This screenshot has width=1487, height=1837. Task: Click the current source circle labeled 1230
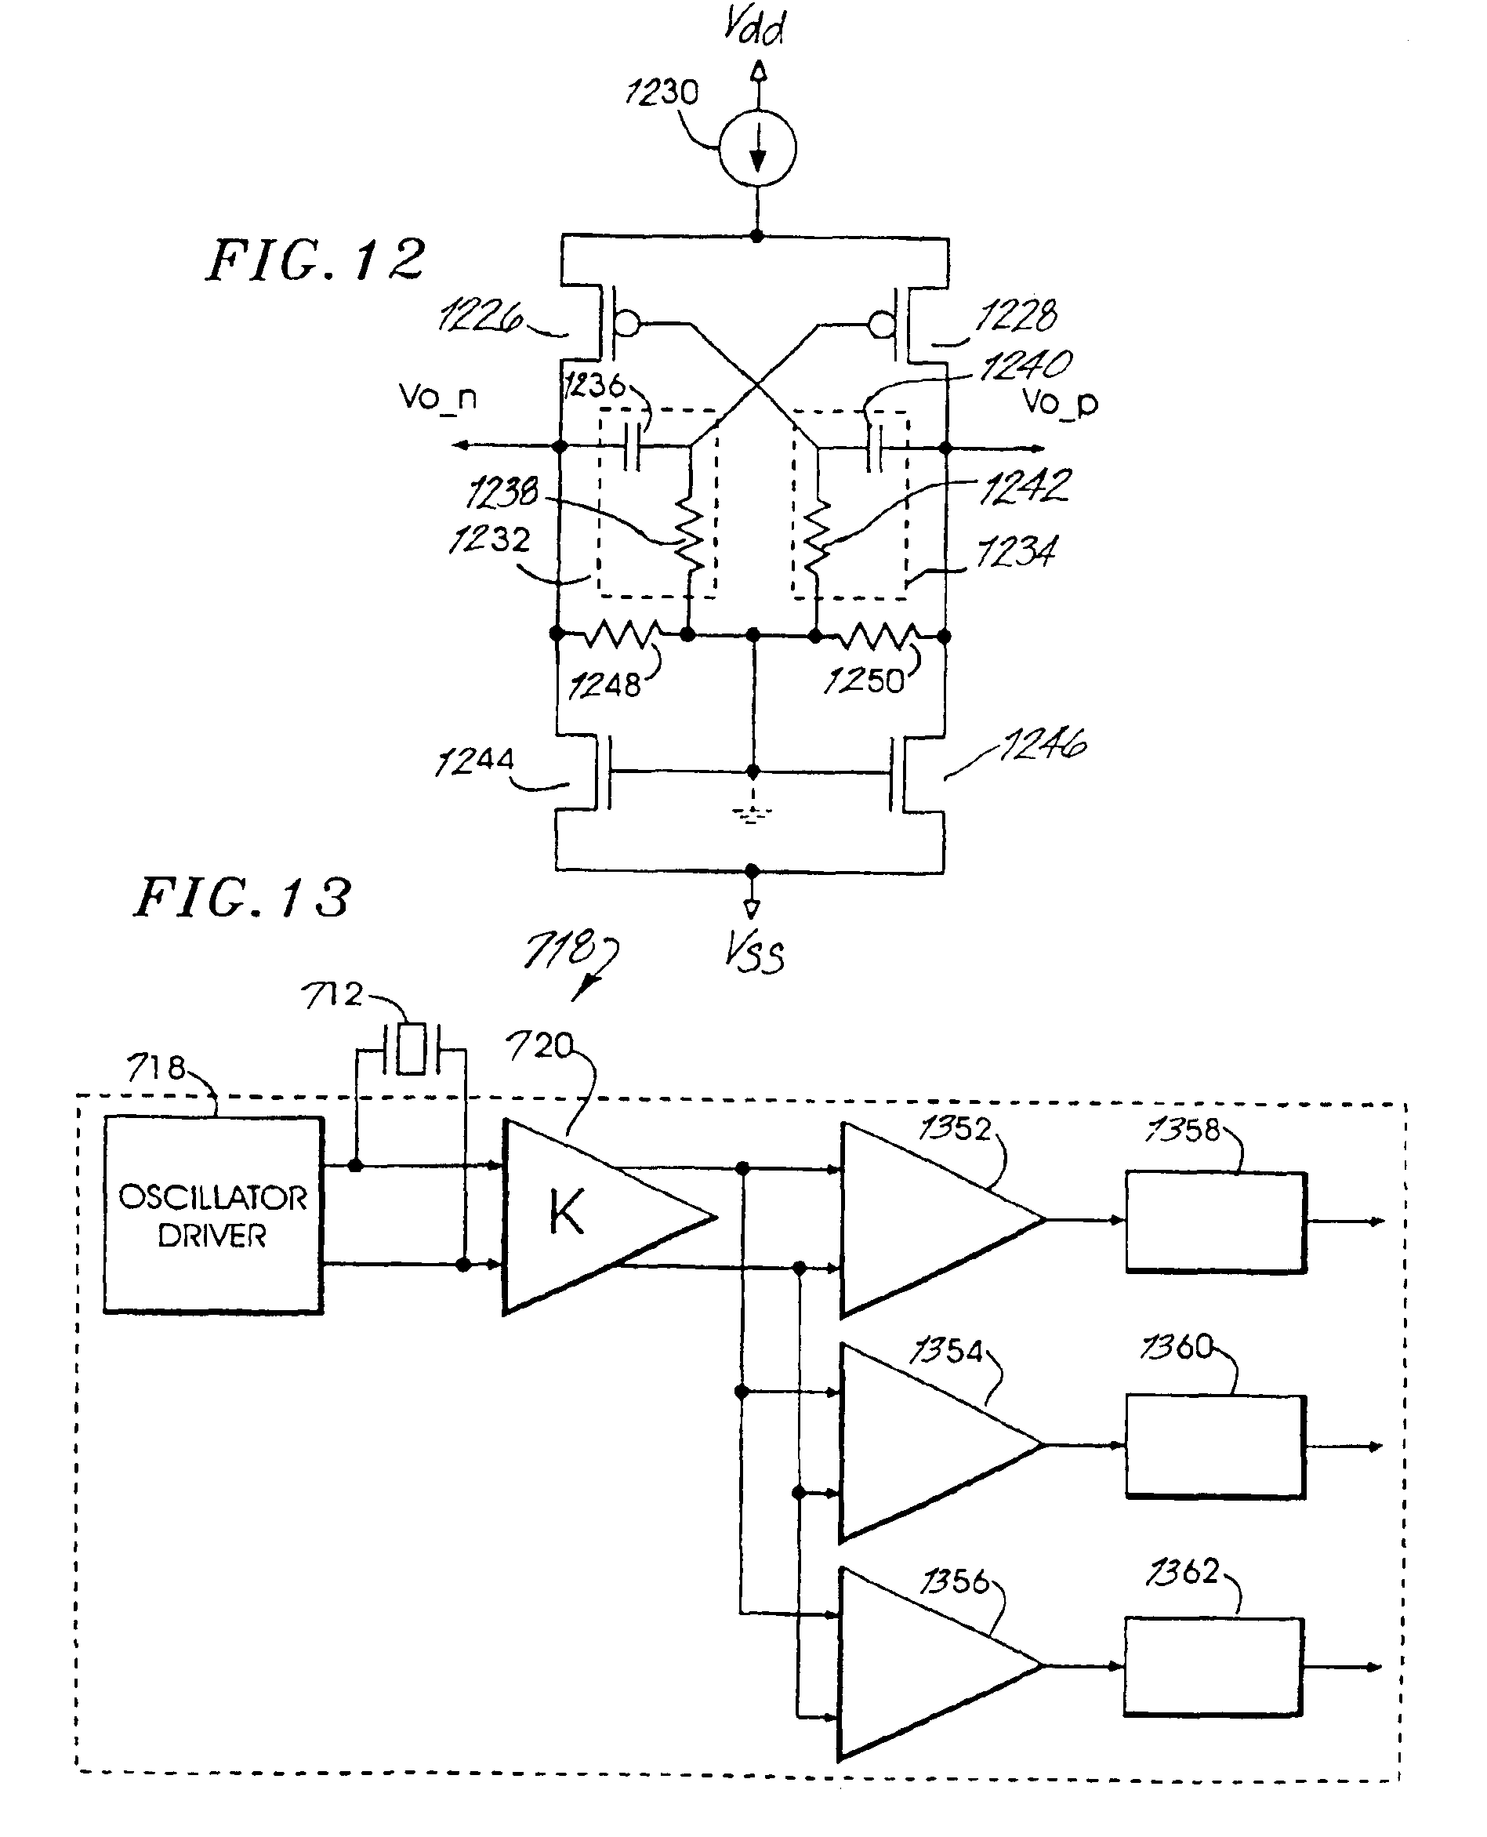pyautogui.click(x=757, y=149)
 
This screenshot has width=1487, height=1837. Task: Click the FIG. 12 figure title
pyautogui.click(x=315, y=260)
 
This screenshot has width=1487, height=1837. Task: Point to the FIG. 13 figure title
pyautogui.click(x=242, y=898)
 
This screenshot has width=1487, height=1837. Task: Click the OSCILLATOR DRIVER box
pyautogui.click(x=213, y=1215)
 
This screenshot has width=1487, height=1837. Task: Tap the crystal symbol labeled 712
pyautogui.click(x=412, y=1049)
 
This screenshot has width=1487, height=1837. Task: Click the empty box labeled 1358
pyautogui.click(x=1216, y=1221)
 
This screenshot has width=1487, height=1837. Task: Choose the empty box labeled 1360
pyautogui.click(x=1216, y=1447)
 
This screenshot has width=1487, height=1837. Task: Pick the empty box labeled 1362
pyautogui.click(x=1213, y=1667)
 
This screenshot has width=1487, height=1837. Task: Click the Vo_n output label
pyautogui.click(x=437, y=397)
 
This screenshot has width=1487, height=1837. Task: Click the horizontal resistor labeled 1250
pyautogui.click(x=880, y=636)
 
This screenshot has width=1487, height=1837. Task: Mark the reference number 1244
pyautogui.click(x=474, y=760)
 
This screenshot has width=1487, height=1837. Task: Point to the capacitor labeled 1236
pyautogui.click(x=632, y=446)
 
